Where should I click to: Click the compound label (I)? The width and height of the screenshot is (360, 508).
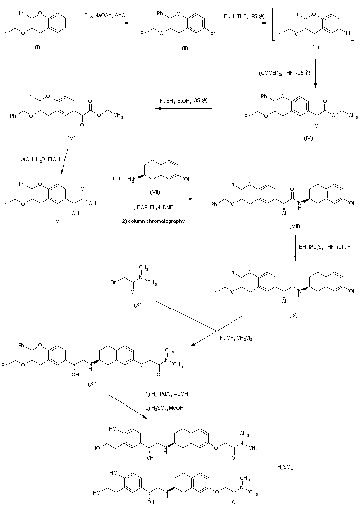coord(38,49)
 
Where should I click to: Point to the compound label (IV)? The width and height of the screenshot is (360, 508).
coord(308,138)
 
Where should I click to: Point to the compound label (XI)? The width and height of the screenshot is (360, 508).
coord(92,384)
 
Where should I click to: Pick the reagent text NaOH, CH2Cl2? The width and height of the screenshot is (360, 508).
coord(235,337)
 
